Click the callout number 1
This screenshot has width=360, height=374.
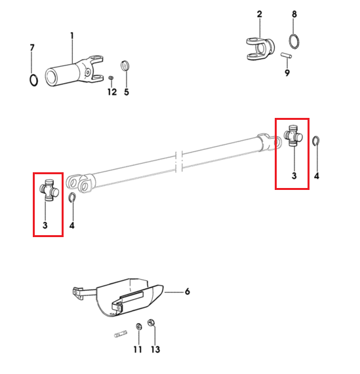72,36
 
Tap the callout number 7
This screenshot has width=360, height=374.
32,47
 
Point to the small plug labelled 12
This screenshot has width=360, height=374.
111,78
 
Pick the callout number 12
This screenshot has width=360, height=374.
112,92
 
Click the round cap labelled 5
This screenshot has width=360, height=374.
125,65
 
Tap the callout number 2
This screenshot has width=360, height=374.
260,14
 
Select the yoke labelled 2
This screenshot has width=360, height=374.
260,48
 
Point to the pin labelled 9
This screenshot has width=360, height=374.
286,55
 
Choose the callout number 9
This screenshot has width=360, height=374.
287,73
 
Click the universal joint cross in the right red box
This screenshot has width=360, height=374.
293,136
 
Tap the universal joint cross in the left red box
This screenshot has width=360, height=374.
49,190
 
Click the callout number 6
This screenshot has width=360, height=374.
188,291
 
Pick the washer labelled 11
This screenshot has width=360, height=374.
139,326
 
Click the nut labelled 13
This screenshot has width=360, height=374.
151,323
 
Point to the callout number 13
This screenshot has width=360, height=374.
155,349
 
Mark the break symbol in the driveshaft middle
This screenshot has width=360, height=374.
179,162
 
